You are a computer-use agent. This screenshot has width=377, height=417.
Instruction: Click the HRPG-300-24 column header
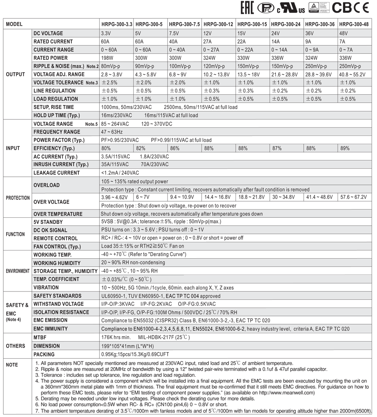click(x=286, y=24)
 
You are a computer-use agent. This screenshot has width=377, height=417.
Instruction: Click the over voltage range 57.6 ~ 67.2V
click(x=354, y=197)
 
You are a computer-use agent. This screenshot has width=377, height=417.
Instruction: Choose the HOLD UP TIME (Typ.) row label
click(x=57, y=115)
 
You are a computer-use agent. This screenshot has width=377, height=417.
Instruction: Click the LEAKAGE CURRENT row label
click(x=57, y=173)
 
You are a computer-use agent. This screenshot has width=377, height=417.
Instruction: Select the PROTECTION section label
click(x=18, y=198)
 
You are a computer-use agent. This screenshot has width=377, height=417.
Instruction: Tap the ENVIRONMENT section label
click(x=18, y=271)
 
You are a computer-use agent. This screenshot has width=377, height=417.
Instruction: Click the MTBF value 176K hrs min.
click(x=116, y=337)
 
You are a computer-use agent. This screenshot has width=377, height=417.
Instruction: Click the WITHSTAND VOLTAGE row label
click(x=59, y=304)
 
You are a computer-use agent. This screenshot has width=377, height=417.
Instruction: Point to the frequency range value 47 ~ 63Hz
click(x=112, y=132)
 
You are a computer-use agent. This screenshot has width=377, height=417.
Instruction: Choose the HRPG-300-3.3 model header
click(x=117, y=24)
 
